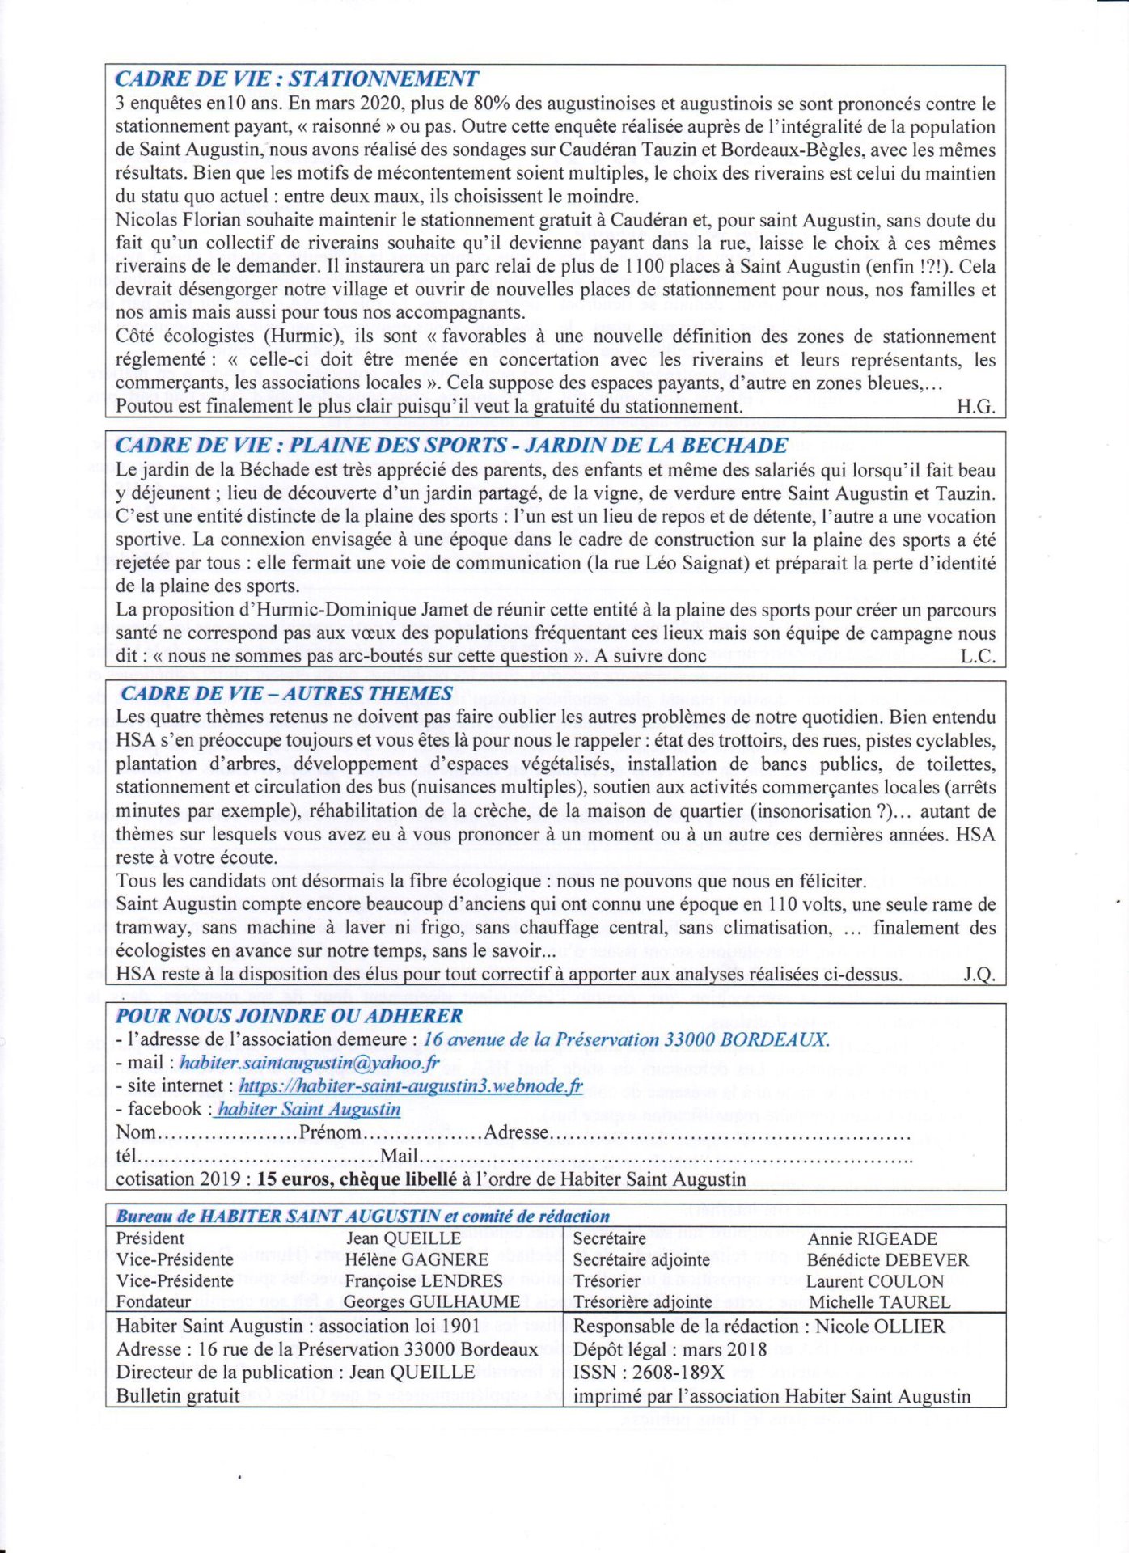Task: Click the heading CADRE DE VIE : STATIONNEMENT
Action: coord(296,79)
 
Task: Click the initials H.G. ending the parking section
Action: coord(975,406)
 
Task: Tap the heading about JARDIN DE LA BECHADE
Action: coord(451,446)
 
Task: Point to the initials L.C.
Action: coord(977,656)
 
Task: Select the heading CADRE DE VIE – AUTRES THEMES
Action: coord(286,693)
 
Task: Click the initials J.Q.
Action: coord(979,975)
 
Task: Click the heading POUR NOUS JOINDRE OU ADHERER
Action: coord(289,1016)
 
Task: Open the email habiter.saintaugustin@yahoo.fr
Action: coord(309,1063)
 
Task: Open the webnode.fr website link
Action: coord(410,1086)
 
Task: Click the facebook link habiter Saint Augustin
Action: coord(309,1109)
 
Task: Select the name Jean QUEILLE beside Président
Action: coord(404,1238)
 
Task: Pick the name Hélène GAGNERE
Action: coord(417,1259)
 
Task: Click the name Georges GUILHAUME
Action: coord(431,1301)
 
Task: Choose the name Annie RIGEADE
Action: coord(872,1238)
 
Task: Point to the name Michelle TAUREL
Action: coord(879,1302)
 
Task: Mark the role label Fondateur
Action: coord(154,1301)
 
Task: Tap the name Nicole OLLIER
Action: coord(880,1327)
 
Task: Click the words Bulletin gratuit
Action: coord(178,1395)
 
